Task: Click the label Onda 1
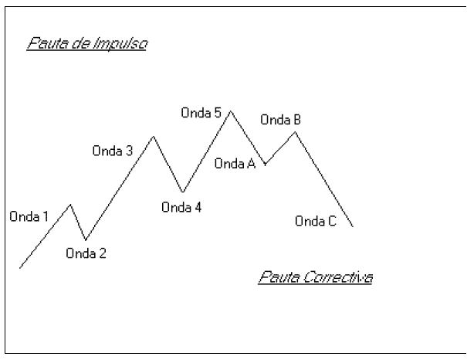click(x=29, y=216)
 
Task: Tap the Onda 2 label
click(x=86, y=253)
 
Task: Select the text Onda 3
click(x=113, y=151)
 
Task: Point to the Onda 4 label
click(x=181, y=206)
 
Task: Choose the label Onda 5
click(x=201, y=113)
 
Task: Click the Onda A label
click(x=235, y=163)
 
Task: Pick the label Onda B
click(x=281, y=120)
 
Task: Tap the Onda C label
click(x=316, y=222)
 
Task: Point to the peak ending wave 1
click(x=71, y=205)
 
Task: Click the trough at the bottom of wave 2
click(x=85, y=240)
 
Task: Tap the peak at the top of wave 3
click(x=154, y=136)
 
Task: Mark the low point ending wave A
click(x=266, y=165)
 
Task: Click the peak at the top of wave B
click(x=295, y=132)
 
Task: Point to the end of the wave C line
click(x=353, y=226)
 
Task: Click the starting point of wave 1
click(x=19, y=267)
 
